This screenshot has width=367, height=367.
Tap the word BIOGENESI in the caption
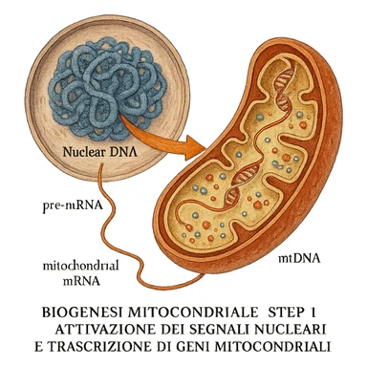click(x=85, y=312)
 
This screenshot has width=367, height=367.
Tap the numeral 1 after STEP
click(x=313, y=312)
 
